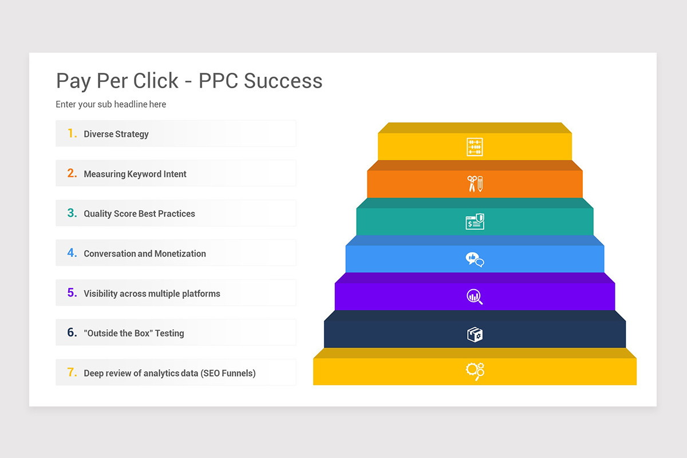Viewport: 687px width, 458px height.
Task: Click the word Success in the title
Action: click(283, 81)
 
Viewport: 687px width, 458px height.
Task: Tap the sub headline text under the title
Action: click(110, 104)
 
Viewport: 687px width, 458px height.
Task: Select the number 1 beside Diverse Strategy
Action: click(72, 133)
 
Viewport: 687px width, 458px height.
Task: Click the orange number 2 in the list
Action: click(72, 173)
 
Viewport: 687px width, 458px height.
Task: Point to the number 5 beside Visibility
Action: click(72, 293)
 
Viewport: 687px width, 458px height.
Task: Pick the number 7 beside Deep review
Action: click(72, 373)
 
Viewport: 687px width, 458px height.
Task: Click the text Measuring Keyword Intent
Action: click(135, 174)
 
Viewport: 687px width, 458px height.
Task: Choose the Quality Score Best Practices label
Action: click(139, 214)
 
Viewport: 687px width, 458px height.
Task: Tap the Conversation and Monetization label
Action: click(145, 254)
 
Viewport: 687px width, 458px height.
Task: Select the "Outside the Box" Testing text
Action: click(134, 333)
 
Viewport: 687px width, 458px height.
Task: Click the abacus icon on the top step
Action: click(475, 147)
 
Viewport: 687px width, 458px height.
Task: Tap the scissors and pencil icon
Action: click(475, 184)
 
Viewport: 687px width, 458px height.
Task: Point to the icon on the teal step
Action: click(475, 222)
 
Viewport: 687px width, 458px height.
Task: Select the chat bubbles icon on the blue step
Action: click(475, 259)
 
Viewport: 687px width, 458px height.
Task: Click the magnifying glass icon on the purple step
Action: click(475, 297)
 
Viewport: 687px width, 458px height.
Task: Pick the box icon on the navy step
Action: click(475, 334)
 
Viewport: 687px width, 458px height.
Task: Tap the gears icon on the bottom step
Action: click(475, 371)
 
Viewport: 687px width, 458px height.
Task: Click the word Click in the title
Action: click(156, 81)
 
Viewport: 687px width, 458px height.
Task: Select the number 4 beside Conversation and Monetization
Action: click(72, 253)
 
